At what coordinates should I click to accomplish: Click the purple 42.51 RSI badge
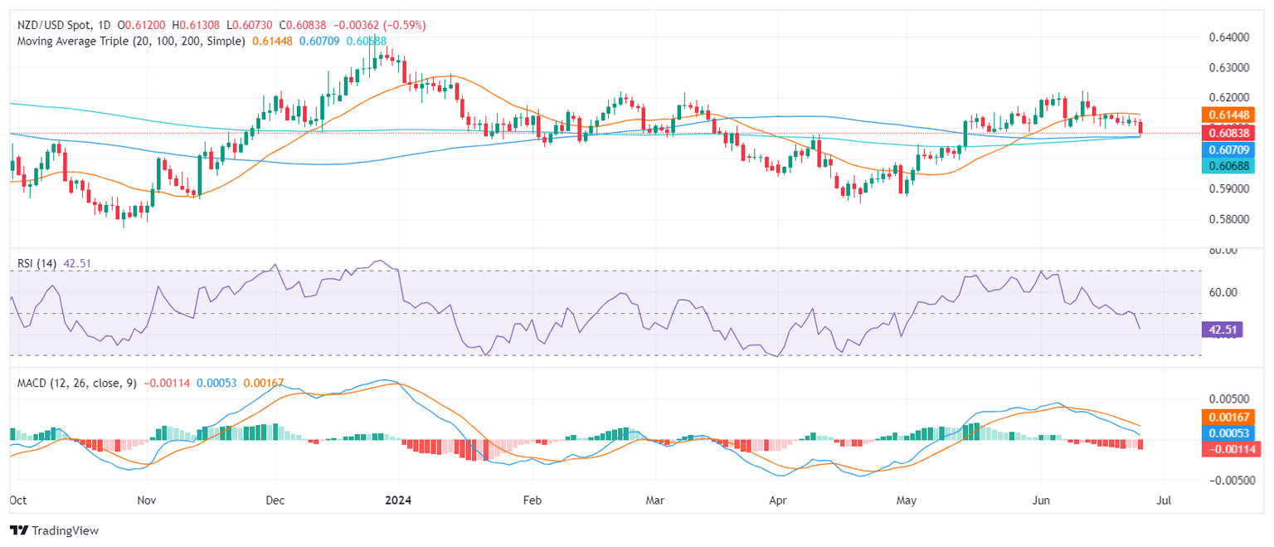click(1221, 330)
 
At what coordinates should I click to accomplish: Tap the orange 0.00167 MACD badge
click(1223, 417)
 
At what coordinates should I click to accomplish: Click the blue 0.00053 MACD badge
click(1223, 432)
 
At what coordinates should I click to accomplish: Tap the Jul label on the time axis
click(1163, 501)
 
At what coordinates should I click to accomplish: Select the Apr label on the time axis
click(777, 501)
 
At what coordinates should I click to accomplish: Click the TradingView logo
click(54, 530)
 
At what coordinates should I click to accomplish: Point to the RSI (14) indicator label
click(36, 264)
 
